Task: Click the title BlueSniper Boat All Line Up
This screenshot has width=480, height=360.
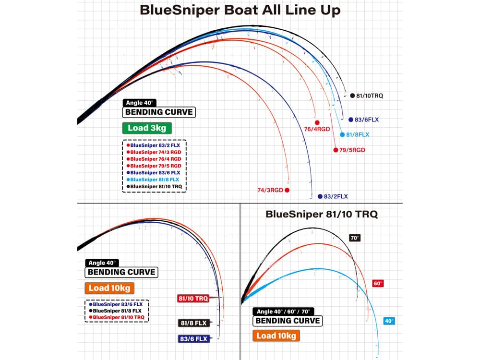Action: [240, 11]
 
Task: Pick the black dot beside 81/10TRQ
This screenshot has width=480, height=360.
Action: [352, 96]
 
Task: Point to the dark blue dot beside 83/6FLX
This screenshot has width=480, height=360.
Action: [344, 119]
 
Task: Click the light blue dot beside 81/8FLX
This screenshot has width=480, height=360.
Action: [342, 135]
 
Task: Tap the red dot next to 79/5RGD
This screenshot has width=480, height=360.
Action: [336, 150]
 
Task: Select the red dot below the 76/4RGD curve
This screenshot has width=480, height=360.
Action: [317, 122]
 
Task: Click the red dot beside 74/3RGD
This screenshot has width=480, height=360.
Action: [287, 190]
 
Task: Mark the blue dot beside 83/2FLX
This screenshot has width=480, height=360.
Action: [320, 196]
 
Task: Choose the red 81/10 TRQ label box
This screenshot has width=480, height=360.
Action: [193, 299]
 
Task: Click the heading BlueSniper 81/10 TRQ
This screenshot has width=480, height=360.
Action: [322, 214]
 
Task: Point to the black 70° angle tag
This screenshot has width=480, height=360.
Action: [354, 238]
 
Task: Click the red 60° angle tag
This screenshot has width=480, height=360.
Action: [378, 283]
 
